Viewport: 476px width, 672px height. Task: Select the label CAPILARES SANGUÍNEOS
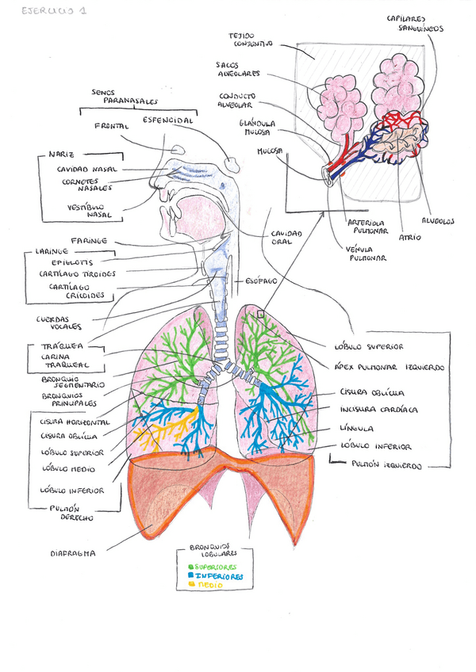click(x=414, y=23)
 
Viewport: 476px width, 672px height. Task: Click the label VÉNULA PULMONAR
click(x=366, y=254)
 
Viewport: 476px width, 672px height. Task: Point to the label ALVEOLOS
click(x=436, y=223)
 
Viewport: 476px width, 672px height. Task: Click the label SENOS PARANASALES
click(x=124, y=97)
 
